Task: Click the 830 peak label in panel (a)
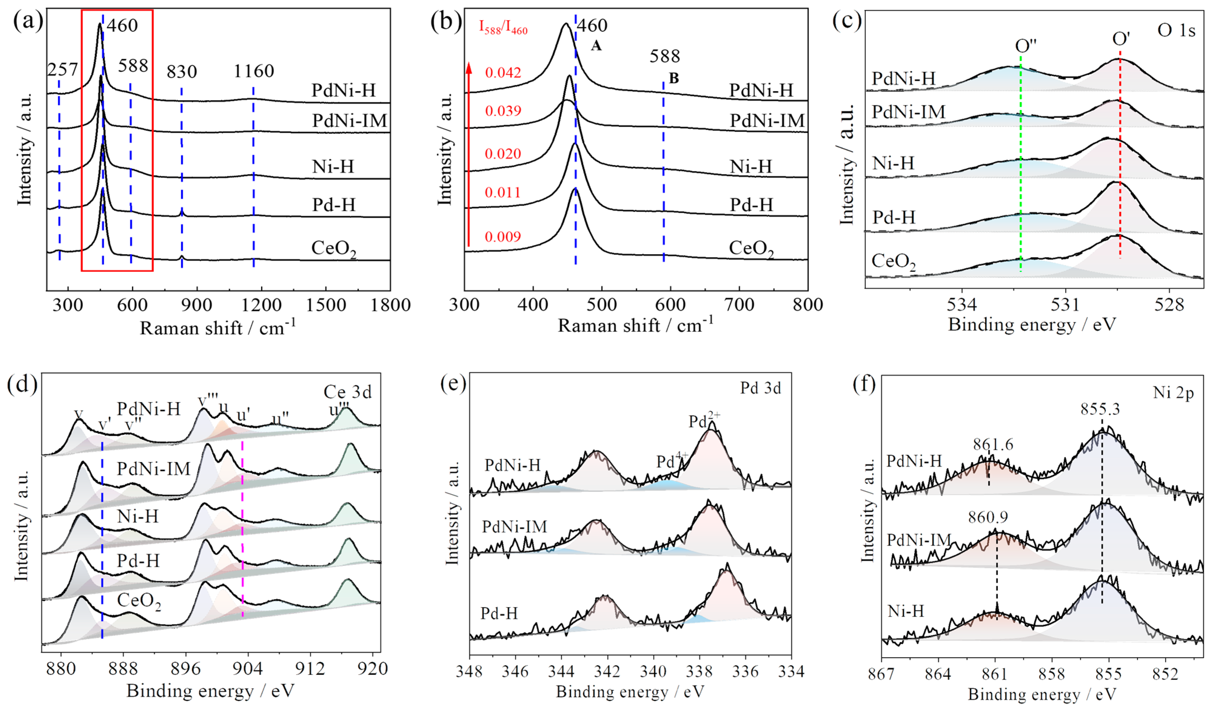click(182, 72)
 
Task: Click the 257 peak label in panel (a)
click(62, 70)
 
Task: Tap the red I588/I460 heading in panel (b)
click(503, 27)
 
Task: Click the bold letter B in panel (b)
click(674, 78)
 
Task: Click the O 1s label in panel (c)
click(1176, 30)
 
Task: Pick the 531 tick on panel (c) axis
click(1065, 305)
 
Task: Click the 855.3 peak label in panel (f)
click(1100, 409)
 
